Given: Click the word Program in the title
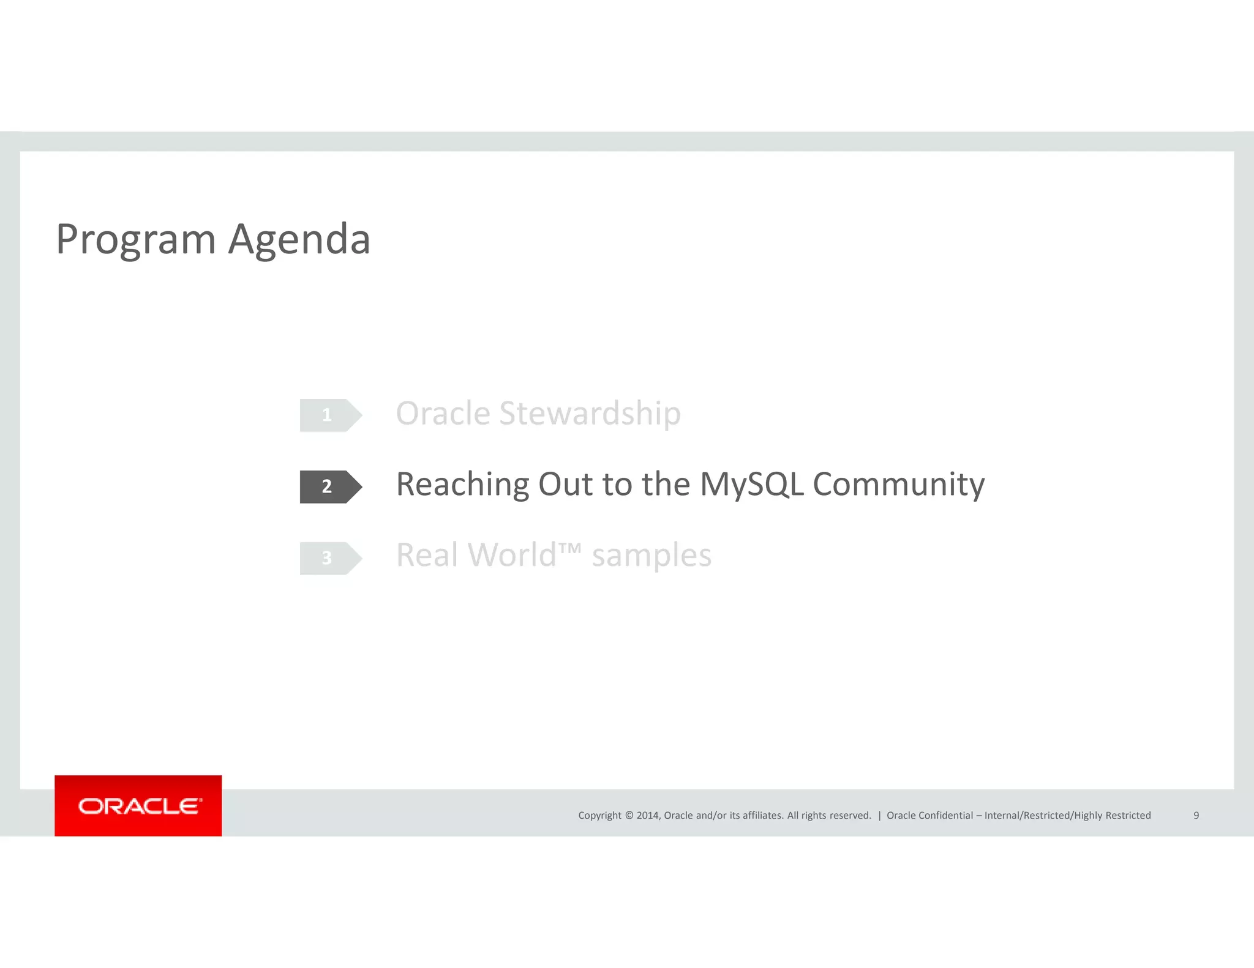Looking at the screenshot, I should [x=135, y=240].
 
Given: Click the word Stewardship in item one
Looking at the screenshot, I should [x=590, y=414].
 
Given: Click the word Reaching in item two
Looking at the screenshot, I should [x=462, y=485].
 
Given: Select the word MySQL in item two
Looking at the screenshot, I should [x=751, y=485].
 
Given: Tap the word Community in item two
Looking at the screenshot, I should [x=898, y=485].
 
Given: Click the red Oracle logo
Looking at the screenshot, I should [x=138, y=806].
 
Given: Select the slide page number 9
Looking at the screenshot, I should [x=1196, y=816].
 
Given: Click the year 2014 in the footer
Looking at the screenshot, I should [x=647, y=816].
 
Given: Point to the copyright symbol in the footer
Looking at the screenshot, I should [x=629, y=816].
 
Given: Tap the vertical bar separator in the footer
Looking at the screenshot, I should [x=879, y=816].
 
